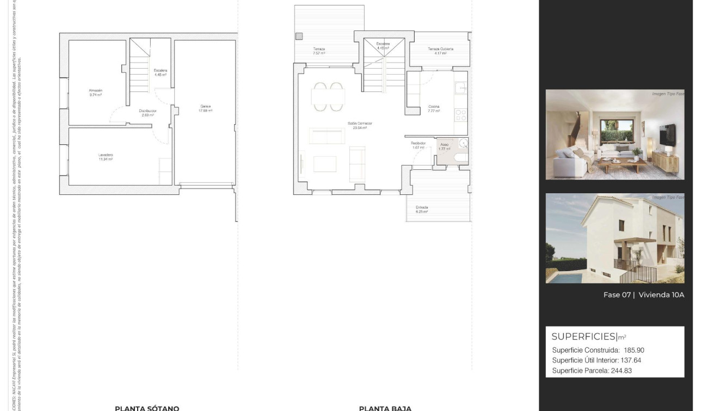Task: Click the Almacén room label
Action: click(x=95, y=90)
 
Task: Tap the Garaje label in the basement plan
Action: click(x=205, y=106)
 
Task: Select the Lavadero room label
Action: click(x=106, y=155)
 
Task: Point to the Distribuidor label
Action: click(x=147, y=111)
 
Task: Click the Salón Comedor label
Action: click(x=360, y=124)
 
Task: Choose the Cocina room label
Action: click(x=434, y=107)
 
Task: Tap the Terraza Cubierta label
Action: click(x=440, y=49)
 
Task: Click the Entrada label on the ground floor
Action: click(x=422, y=207)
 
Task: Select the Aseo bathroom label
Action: click(x=445, y=145)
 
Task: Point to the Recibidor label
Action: click(x=418, y=143)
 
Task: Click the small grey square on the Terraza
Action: click(x=299, y=36)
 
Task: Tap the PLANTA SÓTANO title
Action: click(x=147, y=408)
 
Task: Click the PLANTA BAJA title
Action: click(x=385, y=408)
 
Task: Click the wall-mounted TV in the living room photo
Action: click(x=667, y=133)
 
